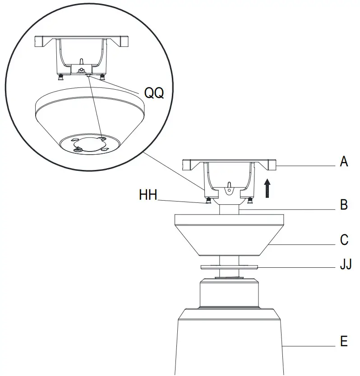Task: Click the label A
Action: (344, 162)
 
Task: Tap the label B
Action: (344, 205)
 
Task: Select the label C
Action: (344, 239)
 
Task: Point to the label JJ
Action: (346, 264)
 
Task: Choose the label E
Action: (344, 341)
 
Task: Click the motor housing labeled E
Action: (229, 343)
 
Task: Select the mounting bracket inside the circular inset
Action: (82, 54)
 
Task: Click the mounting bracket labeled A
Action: (229, 171)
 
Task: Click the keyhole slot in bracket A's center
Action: (229, 186)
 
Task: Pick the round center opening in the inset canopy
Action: (90, 143)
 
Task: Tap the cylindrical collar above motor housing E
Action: (229, 293)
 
